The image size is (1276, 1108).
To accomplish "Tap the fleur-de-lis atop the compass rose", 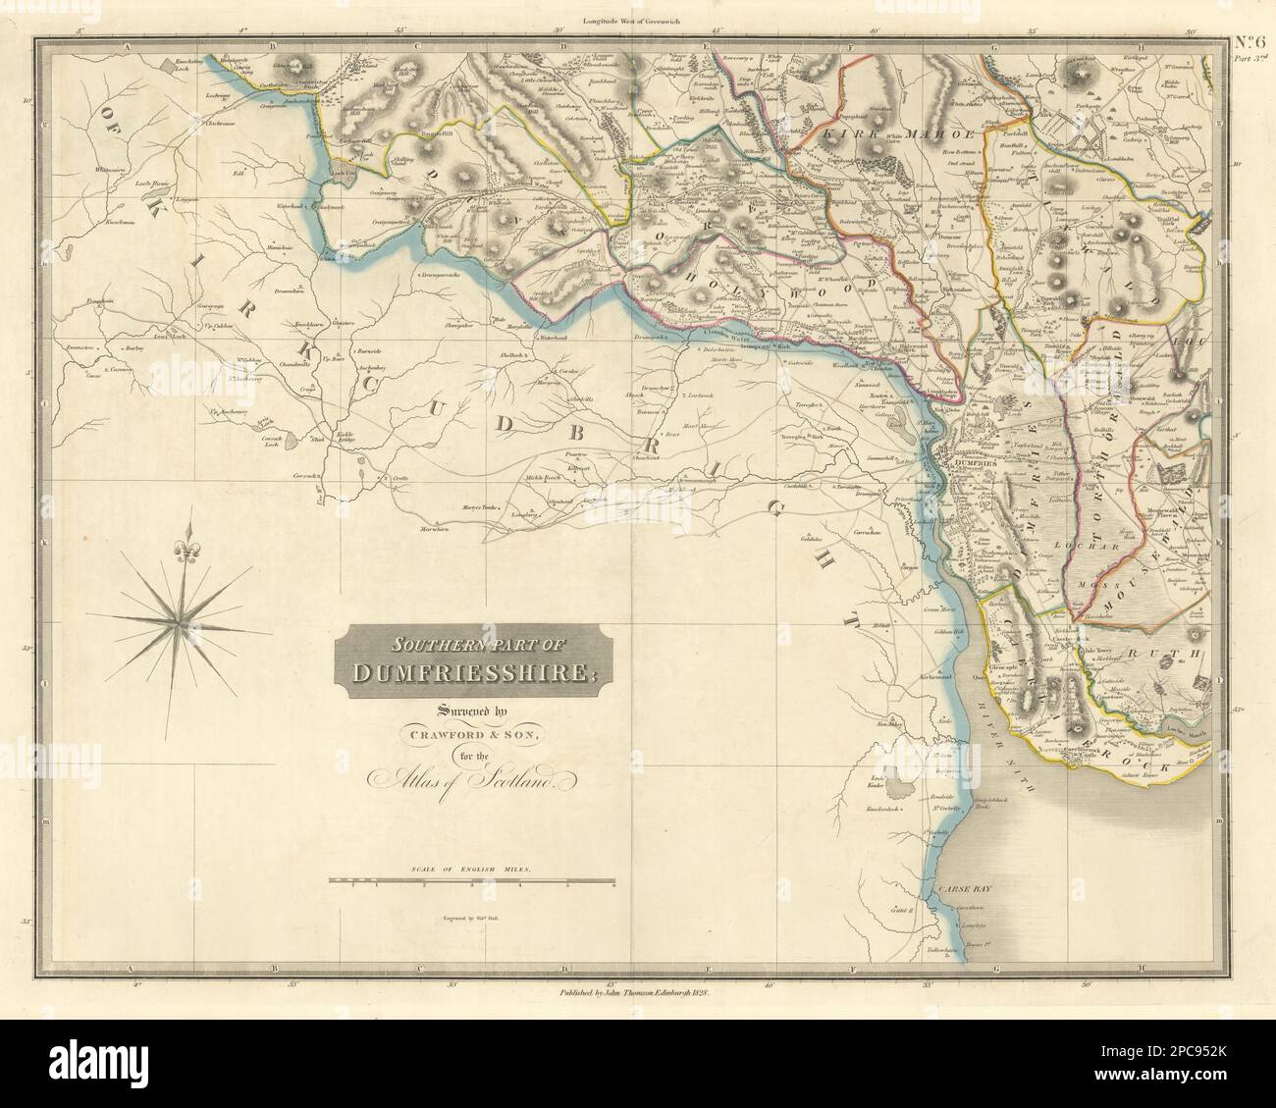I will pyautogui.click(x=181, y=554).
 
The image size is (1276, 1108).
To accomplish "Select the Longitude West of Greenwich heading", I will pyautogui.click(x=637, y=21).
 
